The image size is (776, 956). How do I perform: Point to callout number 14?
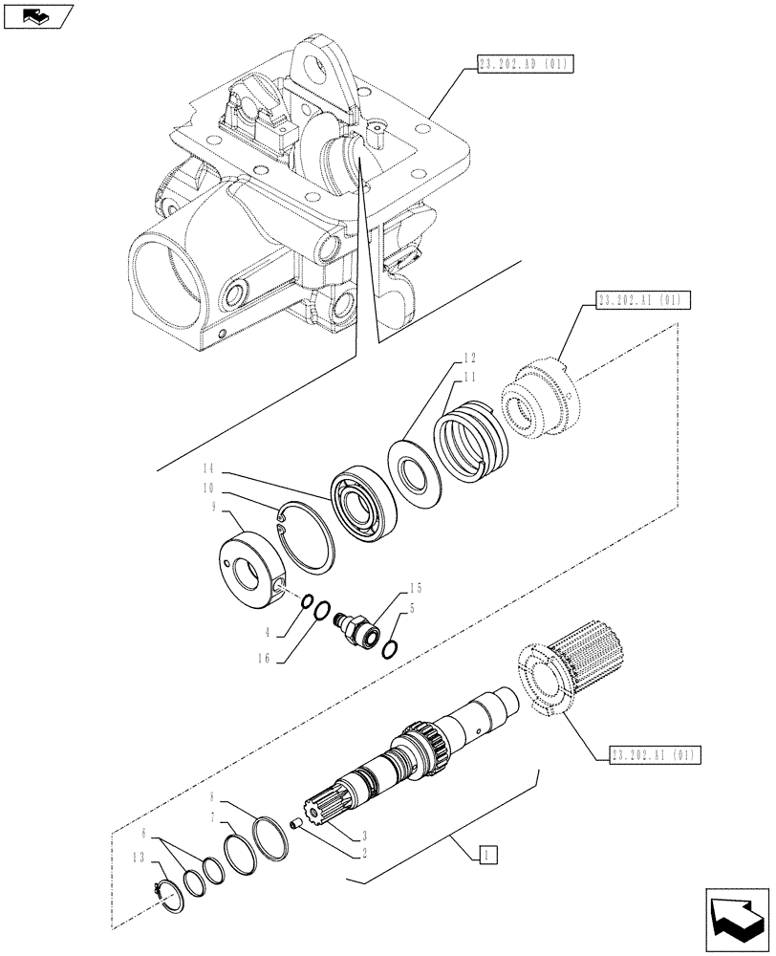[x=209, y=468]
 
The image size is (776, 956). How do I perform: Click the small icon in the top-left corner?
[x=37, y=15]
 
